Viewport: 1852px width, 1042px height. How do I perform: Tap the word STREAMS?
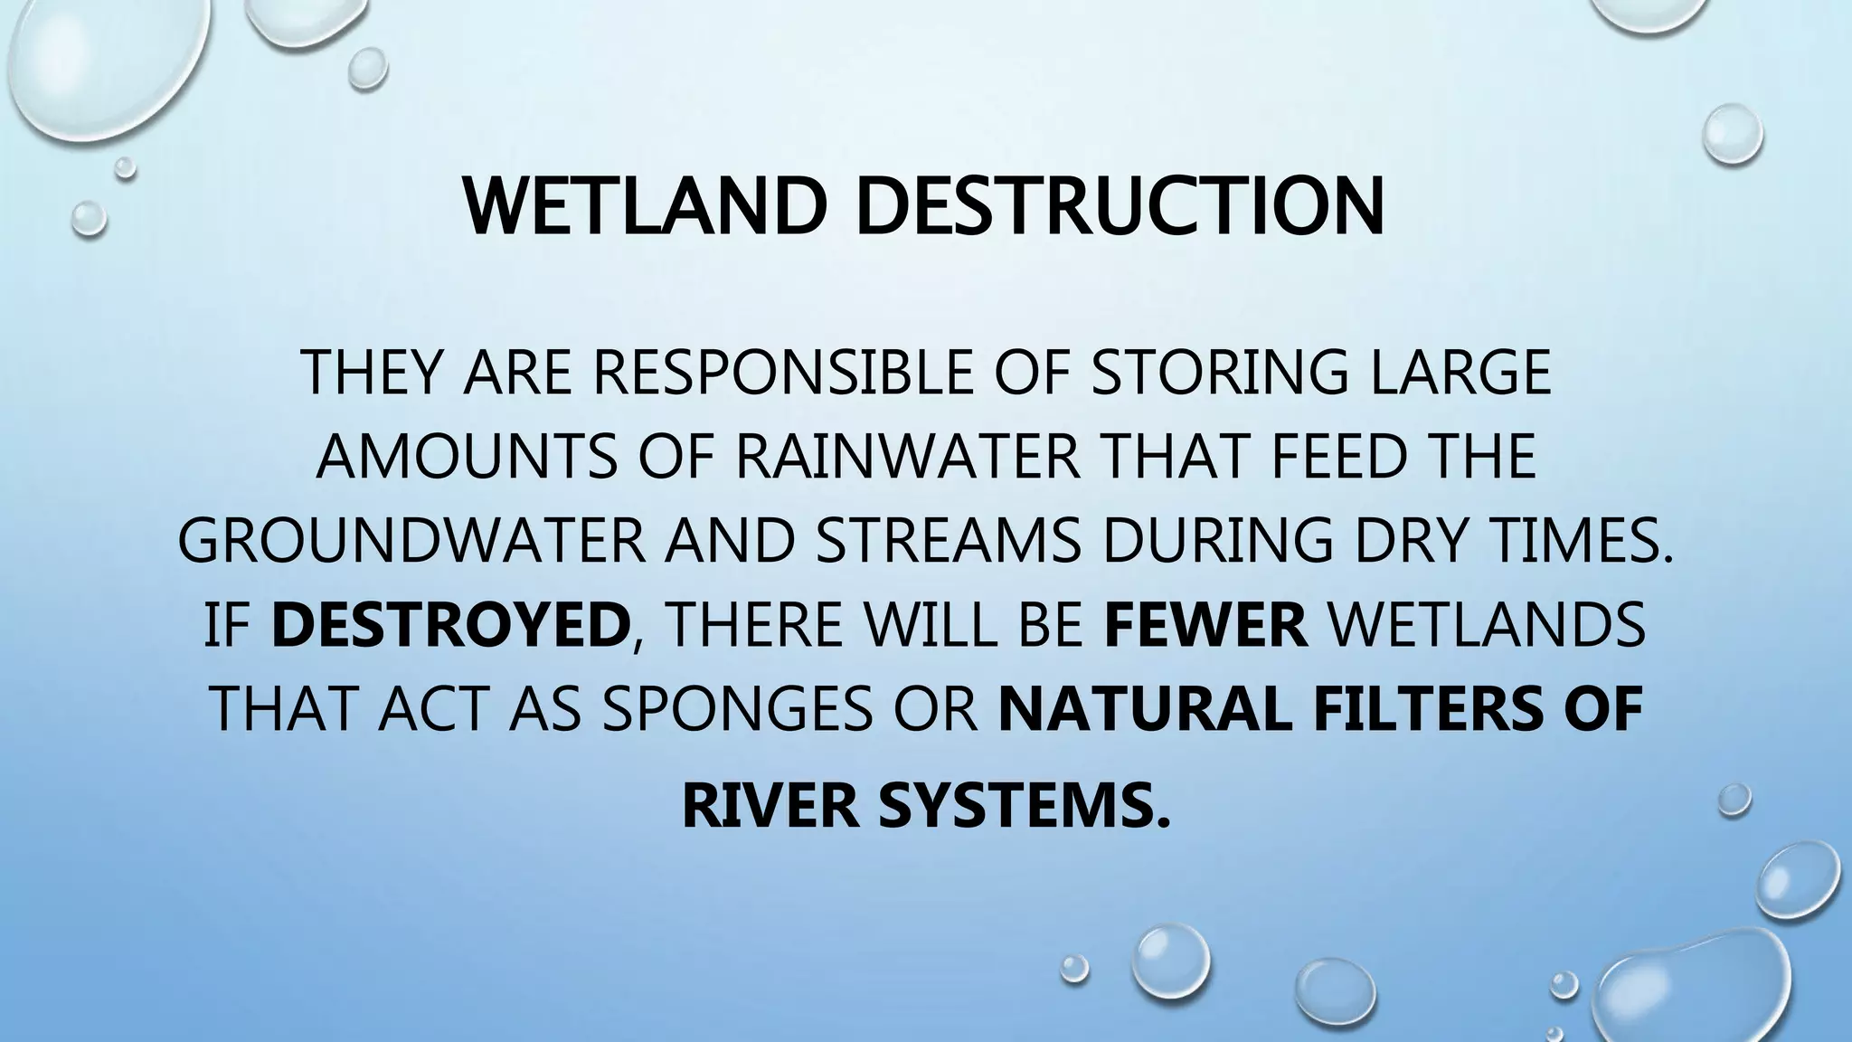coord(948,540)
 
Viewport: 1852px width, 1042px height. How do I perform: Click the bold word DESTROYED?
coord(450,624)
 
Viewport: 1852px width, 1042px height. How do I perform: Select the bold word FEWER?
coord(1206,624)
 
